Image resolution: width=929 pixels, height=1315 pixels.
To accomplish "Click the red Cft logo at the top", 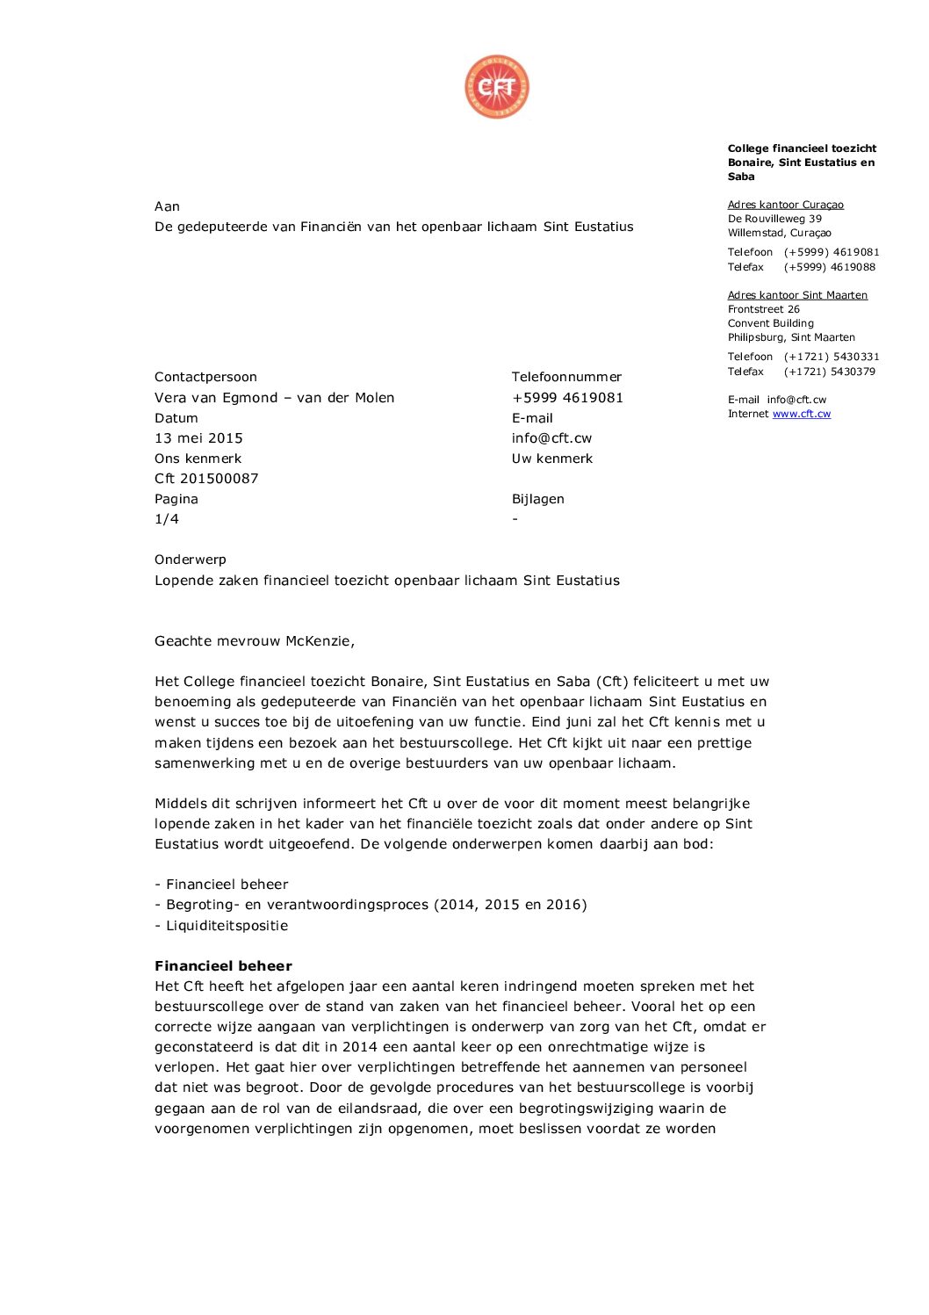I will point(497,87).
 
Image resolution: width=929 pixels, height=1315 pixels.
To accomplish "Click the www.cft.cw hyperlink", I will point(801,414).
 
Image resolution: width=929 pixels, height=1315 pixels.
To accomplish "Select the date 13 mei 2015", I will point(198,438).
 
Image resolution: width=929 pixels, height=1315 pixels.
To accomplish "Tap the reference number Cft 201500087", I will point(206,479).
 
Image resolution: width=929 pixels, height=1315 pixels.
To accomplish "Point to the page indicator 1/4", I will point(167,519).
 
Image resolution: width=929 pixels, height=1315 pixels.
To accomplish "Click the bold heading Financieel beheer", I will point(223,965).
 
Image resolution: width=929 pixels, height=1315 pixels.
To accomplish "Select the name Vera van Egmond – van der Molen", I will point(274,398).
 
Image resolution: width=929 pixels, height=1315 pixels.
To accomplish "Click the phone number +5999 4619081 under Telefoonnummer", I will point(567,398).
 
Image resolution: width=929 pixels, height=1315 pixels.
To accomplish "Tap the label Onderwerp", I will point(191,560).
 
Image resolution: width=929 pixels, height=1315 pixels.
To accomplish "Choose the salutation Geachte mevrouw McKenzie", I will point(254,641).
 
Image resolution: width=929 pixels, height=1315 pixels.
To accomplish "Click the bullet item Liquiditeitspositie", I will point(227,926).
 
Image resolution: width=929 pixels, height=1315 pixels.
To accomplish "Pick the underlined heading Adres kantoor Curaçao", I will point(785,205).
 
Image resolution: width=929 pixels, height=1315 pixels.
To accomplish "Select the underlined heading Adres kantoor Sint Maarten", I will point(797,295).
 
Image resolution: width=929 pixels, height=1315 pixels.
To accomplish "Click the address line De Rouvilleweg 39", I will point(774,219).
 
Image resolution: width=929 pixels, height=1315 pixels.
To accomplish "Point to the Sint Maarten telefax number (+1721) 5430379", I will point(829,372).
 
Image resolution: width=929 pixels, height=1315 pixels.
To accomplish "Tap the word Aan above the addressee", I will point(167,206).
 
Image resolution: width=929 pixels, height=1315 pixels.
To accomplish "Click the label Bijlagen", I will point(537,499).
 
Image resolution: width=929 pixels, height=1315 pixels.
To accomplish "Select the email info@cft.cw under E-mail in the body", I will point(551,438).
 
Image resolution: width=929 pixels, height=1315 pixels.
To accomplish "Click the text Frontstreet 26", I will point(763,309).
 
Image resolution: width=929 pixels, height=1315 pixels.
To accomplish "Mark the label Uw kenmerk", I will point(551,459).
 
